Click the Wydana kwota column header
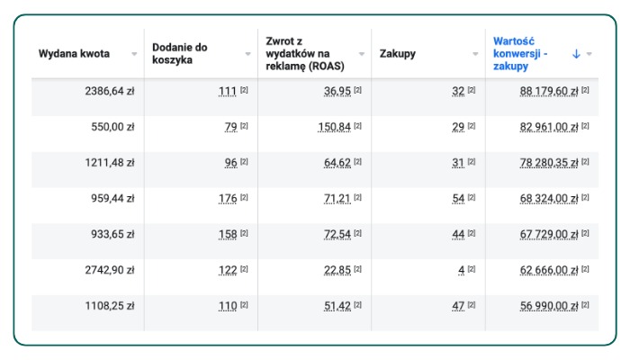(x=74, y=54)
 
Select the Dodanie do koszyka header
(x=180, y=54)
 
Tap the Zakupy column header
(x=397, y=54)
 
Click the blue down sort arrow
(x=576, y=54)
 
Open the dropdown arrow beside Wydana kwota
(x=134, y=54)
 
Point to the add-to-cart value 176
(x=228, y=199)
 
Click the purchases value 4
(x=461, y=270)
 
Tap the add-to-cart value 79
(x=230, y=127)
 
